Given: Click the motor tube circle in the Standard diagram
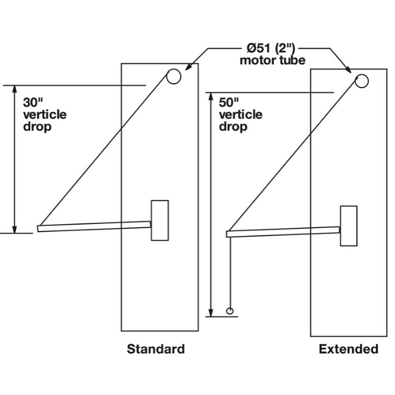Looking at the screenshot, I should tap(174, 77).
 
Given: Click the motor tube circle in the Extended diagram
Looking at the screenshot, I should tap(362, 81).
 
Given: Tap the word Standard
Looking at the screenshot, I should tap(156, 349).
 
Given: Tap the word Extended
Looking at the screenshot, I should tap(348, 349).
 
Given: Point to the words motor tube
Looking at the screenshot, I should tap(272, 60).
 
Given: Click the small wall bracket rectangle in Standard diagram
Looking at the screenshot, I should tap(160, 220).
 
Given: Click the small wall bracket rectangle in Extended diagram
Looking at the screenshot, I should tap(348, 226).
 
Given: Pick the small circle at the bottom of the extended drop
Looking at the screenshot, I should tap(230, 311).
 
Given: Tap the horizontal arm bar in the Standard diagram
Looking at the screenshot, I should tap(94, 226).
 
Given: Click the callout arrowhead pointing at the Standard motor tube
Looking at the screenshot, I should tap(188, 68).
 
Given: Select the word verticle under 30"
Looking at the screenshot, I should tap(45, 114).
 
